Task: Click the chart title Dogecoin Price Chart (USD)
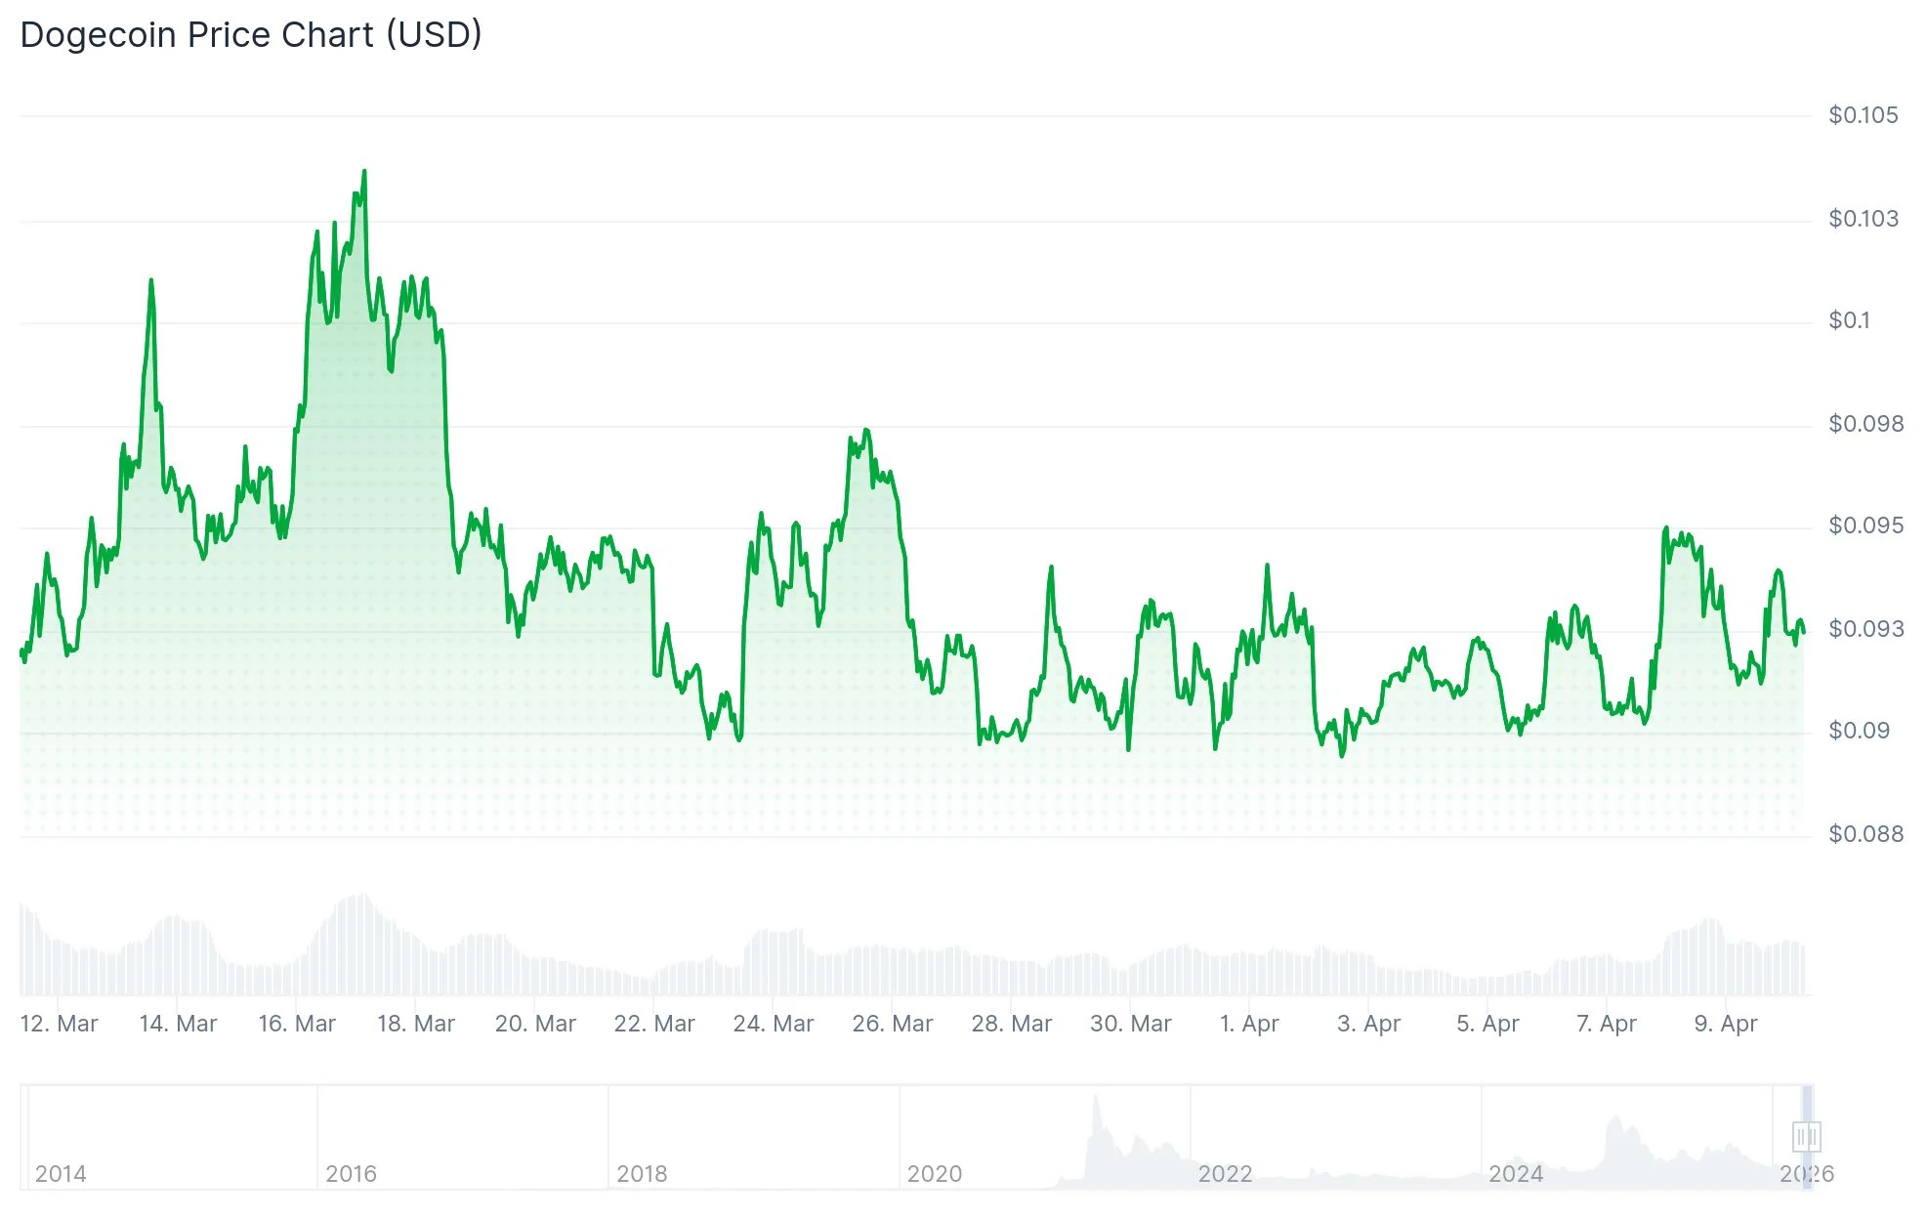(x=251, y=35)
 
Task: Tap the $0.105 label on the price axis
(x=1863, y=115)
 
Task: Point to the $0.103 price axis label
(x=1863, y=219)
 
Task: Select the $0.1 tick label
(x=1849, y=320)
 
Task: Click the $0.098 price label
(x=1865, y=424)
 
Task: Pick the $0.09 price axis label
(x=1859, y=731)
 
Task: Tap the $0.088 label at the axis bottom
(x=1865, y=834)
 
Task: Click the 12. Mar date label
(x=59, y=1024)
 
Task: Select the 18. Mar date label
(x=416, y=1024)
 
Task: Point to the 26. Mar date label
(x=892, y=1024)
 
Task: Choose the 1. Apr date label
(x=1249, y=1024)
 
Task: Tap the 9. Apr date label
(x=1725, y=1024)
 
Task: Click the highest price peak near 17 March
(x=364, y=172)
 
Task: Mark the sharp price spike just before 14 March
(x=151, y=281)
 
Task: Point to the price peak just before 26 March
(x=865, y=430)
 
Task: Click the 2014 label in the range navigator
(x=61, y=1173)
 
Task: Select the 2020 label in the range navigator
(x=935, y=1173)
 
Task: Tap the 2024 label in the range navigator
(x=1516, y=1173)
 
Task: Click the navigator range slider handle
(x=1806, y=1136)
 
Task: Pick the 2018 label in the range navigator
(x=642, y=1173)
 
